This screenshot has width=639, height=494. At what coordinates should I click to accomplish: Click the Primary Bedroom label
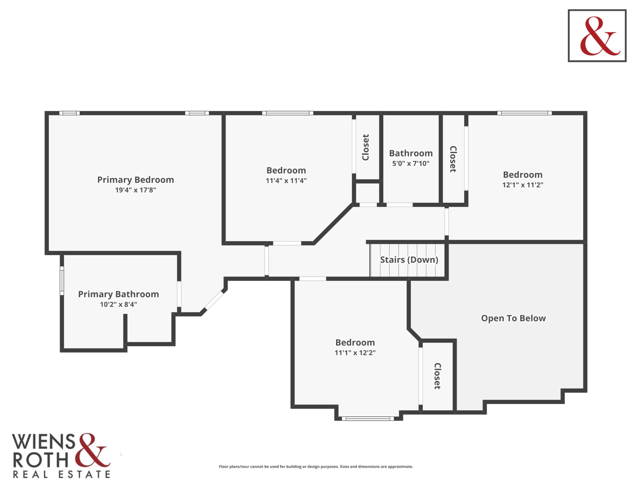coord(135,180)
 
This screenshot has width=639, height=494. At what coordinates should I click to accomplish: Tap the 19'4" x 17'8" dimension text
coord(135,190)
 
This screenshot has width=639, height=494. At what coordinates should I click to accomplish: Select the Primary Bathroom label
coord(119,294)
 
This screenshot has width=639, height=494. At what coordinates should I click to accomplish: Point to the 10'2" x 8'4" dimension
coord(119,304)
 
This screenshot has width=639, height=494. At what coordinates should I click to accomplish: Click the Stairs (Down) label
coord(409,259)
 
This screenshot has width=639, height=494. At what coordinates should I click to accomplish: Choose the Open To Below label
coord(514,318)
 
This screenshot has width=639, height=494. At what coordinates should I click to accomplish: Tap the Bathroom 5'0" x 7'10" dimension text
coord(411,163)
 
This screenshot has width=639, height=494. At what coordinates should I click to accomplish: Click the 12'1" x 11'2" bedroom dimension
coord(523,185)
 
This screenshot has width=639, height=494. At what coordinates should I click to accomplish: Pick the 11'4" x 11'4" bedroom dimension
coord(286,180)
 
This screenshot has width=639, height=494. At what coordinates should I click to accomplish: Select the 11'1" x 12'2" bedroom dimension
coord(355,353)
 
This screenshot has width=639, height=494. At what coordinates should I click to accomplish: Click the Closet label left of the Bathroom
coord(366,148)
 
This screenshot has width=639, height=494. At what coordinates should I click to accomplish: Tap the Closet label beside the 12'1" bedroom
coord(453,159)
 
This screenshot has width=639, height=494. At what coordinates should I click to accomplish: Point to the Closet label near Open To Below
coord(437,376)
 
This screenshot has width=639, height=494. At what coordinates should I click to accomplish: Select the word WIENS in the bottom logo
coord(43,442)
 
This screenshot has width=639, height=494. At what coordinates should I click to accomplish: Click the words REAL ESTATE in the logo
coord(62,475)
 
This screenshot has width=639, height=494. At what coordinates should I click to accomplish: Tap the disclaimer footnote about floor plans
coord(316,466)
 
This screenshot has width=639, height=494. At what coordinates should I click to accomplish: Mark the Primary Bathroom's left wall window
coord(62,281)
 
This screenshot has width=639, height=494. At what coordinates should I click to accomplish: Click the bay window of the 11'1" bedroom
coord(368,418)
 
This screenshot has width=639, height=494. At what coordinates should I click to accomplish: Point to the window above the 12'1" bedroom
coord(525,113)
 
